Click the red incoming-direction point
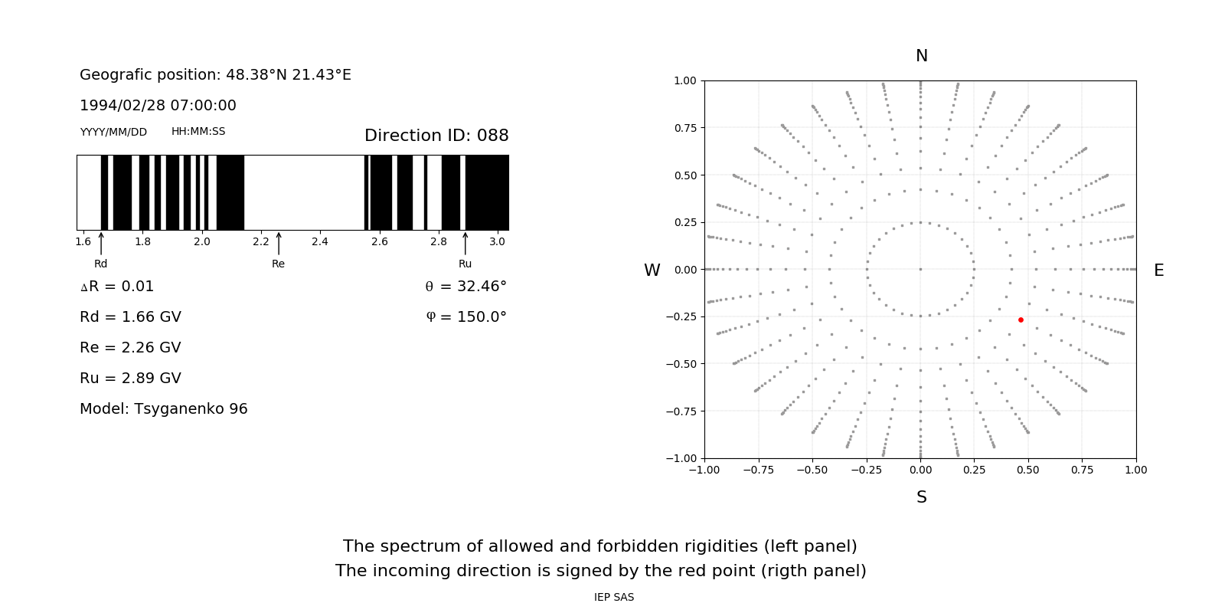[x=1021, y=320]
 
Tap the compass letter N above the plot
[x=922, y=56]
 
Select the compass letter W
[x=652, y=270]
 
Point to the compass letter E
[x=1158, y=270]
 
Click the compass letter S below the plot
[x=922, y=497]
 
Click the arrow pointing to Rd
[x=101, y=244]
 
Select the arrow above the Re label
[x=279, y=244]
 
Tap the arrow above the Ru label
[x=465, y=244]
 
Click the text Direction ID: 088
[x=436, y=136]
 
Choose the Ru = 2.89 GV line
[x=130, y=378]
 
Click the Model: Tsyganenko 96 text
[x=164, y=408]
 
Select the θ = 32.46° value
[x=465, y=286]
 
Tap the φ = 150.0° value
[x=466, y=316]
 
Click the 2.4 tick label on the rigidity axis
[x=320, y=241]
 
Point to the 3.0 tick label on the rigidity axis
[x=497, y=241]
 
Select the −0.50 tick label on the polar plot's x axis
[x=812, y=470]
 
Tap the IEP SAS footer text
[x=614, y=597]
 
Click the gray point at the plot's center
[x=920, y=269]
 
